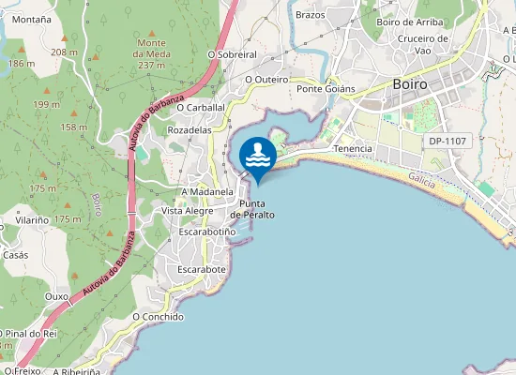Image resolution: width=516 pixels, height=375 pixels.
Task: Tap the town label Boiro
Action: pos(410,83)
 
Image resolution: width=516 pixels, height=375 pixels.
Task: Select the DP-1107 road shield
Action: pos(448,141)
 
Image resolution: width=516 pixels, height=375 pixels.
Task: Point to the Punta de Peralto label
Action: pos(256,209)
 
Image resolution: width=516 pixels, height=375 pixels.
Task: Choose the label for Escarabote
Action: pos(202,269)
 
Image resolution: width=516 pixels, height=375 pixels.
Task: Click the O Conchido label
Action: pos(158,317)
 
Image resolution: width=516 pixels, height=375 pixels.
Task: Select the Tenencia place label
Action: pos(353,149)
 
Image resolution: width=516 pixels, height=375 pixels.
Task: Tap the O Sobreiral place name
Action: pos(231,55)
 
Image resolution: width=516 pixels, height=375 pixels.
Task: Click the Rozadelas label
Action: pos(190,130)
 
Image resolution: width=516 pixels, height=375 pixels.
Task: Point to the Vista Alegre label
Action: pos(188,211)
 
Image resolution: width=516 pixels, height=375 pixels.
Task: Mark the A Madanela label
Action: pos(206,191)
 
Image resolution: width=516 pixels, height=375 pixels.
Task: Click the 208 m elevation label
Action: pos(65,52)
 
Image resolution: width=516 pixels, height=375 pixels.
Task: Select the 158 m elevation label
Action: pos(74,127)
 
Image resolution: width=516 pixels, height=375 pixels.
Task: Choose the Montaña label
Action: pos(32,19)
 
